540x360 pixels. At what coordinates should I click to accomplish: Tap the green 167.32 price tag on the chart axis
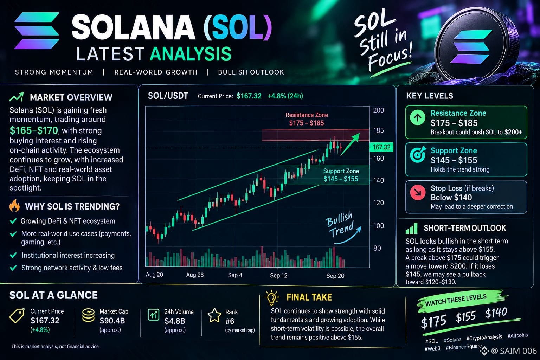pos(381,147)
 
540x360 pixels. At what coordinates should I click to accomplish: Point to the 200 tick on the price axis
pos(379,110)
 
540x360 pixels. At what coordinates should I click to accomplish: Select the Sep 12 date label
pos(279,275)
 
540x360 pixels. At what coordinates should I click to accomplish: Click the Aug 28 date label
pos(195,275)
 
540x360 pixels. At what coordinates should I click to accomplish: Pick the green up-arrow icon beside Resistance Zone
pos(418,117)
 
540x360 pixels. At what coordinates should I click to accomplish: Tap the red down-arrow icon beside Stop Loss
pos(418,192)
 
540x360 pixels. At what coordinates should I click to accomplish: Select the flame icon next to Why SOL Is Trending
pos(14,205)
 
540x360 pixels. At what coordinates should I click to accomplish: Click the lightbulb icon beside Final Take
pos(272,298)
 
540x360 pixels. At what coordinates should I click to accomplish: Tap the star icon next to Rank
pos(214,315)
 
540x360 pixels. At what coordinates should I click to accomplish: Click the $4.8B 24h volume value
pos(174,321)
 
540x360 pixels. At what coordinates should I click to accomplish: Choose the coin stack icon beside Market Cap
pos(88,315)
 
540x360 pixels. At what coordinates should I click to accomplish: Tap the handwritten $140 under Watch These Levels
pos(496,313)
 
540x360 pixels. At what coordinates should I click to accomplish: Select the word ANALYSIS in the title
pos(191,54)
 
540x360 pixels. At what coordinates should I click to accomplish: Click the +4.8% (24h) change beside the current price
pos(285,96)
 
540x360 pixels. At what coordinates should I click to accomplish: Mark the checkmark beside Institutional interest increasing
pos(13,255)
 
